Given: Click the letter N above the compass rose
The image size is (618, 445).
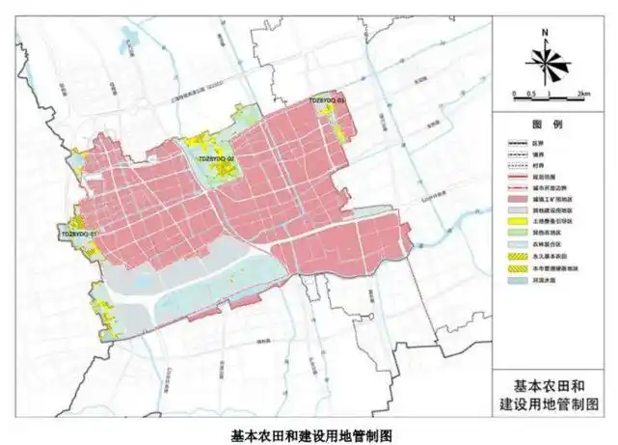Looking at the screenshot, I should click(x=546, y=34).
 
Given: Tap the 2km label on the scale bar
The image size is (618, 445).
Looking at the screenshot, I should click(x=583, y=93).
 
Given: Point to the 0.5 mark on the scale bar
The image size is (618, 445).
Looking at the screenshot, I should click(x=531, y=93).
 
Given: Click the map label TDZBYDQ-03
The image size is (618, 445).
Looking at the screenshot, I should click(x=327, y=99).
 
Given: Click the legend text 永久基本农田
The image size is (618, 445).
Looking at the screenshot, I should click(x=545, y=258).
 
